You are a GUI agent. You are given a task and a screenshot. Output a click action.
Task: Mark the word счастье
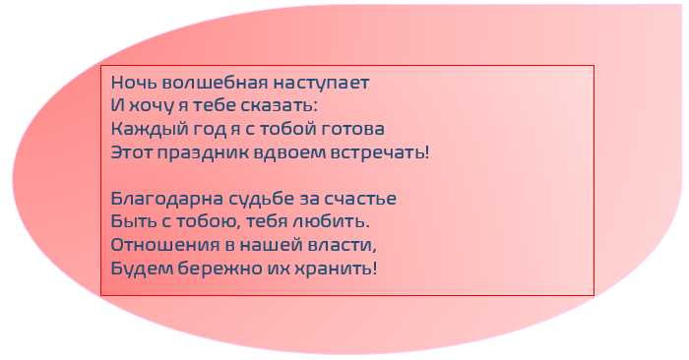[361, 199]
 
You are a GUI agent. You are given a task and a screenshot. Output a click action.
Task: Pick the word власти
[344, 245]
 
